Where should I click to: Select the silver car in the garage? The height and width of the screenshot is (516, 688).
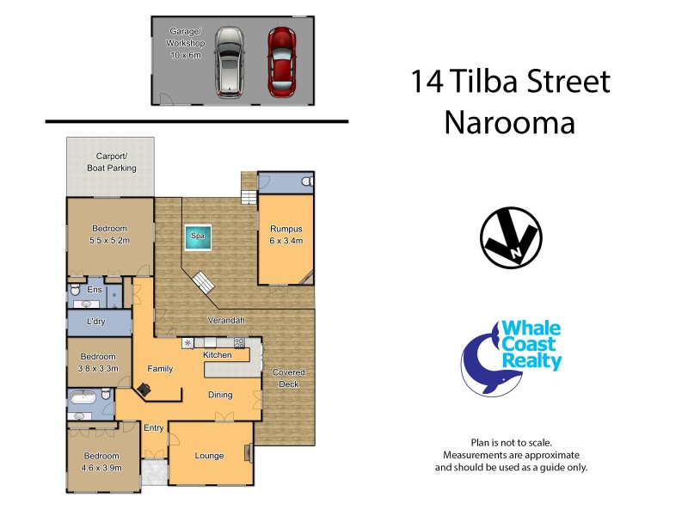pyautogui.click(x=230, y=60)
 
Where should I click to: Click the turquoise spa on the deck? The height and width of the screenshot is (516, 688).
pyautogui.click(x=197, y=237)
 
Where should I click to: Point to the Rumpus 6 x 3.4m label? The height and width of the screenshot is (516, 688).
pyautogui.click(x=286, y=235)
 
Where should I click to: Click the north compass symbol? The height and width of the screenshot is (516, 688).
pyautogui.click(x=510, y=237)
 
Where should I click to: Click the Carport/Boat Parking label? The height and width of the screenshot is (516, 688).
pyautogui.click(x=110, y=163)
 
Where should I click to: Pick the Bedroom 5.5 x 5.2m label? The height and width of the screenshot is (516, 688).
pyautogui.click(x=110, y=234)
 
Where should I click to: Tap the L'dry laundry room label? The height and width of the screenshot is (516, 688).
pyautogui.click(x=96, y=322)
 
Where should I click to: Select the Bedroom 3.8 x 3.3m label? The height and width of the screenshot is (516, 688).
pyautogui.click(x=98, y=362)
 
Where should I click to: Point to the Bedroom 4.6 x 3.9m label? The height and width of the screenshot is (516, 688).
pyautogui.click(x=101, y=462)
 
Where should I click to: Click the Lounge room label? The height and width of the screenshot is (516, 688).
pyautogui.click(x=209, y=456)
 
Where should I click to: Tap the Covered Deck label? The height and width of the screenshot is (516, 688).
pyautogui.click(x=289, y=378)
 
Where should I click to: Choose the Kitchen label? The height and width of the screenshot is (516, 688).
pyautogui.click(x=217, y=354)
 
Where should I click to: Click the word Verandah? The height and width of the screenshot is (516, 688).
pyautogui.click(x=226, y=320)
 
